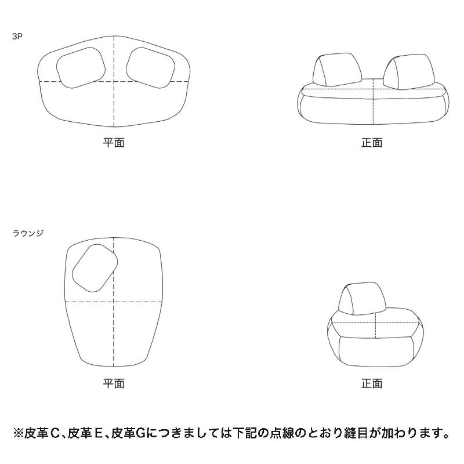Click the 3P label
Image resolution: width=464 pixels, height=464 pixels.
(x=17, y=37)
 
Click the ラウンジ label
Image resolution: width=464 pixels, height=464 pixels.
(x=28, y=233)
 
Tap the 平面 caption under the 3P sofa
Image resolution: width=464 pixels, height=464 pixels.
(x=114, y=143)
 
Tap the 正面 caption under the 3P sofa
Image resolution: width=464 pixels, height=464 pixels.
(x=372, y=143)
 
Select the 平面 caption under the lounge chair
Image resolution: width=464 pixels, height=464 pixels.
(x=114, y=383)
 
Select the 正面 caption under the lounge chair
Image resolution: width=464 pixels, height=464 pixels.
(x=372, y=383)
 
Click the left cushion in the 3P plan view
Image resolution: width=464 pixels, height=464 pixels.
(x=81, y=68)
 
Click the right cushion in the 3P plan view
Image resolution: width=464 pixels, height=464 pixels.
(x=151, y=68)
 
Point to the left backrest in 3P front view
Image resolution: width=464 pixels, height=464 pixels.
(x=338, y=70)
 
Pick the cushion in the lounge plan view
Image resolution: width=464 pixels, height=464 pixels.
(x=95, y=268)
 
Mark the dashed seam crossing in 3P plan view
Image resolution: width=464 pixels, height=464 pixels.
(x=114, y=81)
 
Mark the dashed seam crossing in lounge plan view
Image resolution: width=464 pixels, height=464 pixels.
(x=114, y=302)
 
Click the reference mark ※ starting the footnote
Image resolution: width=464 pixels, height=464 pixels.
(x=18, y=433)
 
